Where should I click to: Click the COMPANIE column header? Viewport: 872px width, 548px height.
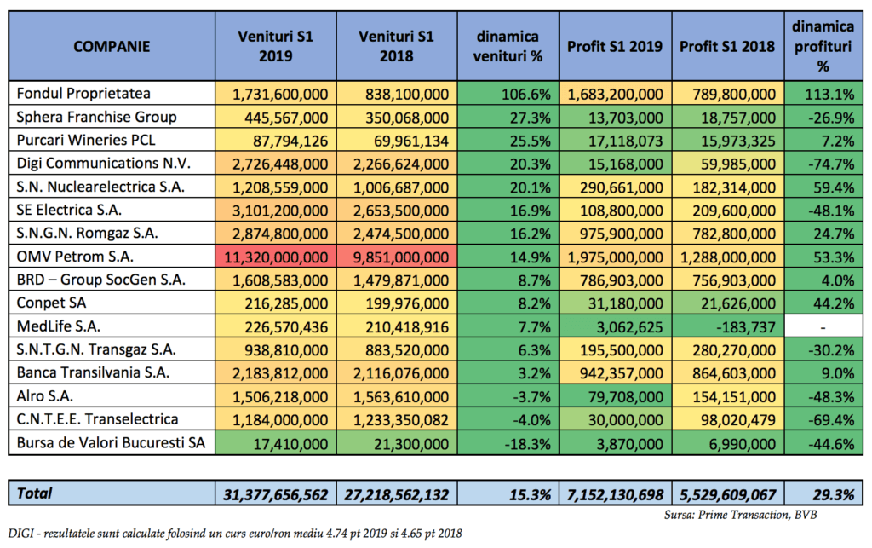click(x=112, y=46)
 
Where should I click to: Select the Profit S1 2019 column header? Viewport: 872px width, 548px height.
click(x=615, y=46)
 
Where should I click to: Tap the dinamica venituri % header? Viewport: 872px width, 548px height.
click(x=508, y=46)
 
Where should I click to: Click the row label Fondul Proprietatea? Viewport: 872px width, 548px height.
click(x=83, y=94)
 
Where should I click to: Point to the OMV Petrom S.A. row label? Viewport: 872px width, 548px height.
click(x=75, y=257)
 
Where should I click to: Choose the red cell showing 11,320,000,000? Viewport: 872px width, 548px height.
click(x=276, y=257)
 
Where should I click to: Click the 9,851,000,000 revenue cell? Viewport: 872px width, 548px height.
click(x=397, y=257)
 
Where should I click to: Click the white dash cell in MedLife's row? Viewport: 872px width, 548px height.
click(x=823, y=326)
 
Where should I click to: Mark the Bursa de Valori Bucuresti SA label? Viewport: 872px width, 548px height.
click(x=111, y=443)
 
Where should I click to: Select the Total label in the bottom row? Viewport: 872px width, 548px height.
click(x=34, y=493)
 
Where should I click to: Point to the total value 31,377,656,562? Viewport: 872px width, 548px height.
click(x=276, y=494)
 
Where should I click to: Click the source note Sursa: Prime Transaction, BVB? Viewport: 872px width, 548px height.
click(x=741, y=515)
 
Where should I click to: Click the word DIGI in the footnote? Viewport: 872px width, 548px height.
click(x=21, y=534)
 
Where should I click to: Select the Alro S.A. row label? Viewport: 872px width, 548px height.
click(x=44, y=396)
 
